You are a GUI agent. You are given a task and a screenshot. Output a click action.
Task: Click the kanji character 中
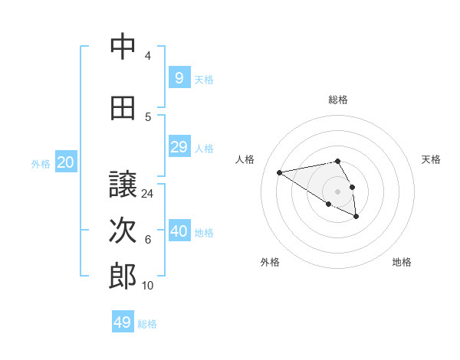(x=123, y=47)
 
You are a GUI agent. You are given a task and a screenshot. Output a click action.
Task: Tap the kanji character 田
(x=123, y=108)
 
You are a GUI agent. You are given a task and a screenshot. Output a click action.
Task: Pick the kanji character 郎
(x=123, y=277)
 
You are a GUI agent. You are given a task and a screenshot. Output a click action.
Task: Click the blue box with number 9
(x=179, y=77)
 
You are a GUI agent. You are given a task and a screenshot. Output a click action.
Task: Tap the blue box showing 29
(x=179, y=147)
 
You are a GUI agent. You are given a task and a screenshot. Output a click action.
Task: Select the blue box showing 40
(x=179, y=231)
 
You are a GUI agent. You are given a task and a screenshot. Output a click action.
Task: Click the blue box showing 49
(x=123, y=322)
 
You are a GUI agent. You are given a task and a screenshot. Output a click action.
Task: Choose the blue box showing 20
(x=66, y=162)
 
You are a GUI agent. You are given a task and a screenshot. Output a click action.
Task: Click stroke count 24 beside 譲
(x=148, y=194)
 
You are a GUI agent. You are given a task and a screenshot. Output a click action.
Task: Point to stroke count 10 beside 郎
(x=148, y=286)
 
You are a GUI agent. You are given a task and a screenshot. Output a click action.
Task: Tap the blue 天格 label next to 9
(x=204, y=79)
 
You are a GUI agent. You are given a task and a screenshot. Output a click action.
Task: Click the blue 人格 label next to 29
(x=204, y=149)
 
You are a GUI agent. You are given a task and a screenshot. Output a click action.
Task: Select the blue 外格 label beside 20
(x=41, y=164)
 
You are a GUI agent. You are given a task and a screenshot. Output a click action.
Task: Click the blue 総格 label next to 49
(x=147, y=324)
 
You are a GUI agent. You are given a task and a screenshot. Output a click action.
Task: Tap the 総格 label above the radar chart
(x=338, y=99)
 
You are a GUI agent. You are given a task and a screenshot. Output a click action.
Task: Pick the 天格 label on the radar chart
(x=431, y=159)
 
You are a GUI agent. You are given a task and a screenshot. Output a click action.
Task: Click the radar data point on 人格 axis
(x=280, y=172)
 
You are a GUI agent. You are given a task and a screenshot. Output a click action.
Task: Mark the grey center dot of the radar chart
(x=337, y=191)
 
